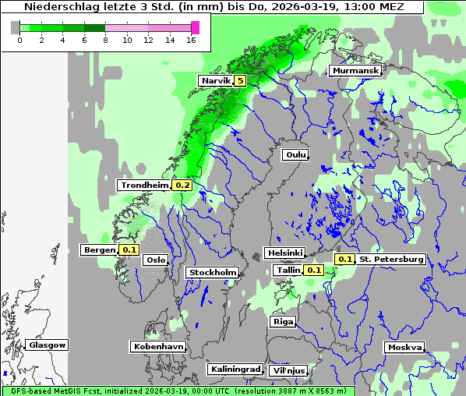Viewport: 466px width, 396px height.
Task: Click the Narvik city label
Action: [x=216, y=80]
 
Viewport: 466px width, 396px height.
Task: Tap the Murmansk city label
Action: [x=355, y=71]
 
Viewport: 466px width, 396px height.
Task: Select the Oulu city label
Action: [x=296, y=155]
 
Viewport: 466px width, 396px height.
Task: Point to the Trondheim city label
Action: [x=144, y=186]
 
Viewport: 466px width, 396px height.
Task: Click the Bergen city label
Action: [x=99, y=250]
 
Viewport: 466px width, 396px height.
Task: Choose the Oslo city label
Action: [x=156, y=260]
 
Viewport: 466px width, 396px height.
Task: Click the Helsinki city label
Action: [x=284, y=253]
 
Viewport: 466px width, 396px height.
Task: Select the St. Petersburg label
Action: [x=391, y=259]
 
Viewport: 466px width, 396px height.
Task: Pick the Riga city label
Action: [x=283, y=321]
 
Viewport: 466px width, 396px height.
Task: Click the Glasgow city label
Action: [x=48, y=345]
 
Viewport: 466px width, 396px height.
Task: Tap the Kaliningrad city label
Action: [x=235, y=369]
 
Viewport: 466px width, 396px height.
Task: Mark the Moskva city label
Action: [x=404, y=347]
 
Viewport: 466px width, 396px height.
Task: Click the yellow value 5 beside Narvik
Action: [x=240, y=80]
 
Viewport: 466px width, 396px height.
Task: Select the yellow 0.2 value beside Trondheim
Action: [x=182, y=186]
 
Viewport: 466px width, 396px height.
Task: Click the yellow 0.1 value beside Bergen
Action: [x=129, y=250]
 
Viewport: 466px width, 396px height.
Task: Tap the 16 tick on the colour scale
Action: [x=191, y=41]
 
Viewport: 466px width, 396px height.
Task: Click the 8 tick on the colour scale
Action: [x=105, y=41]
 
